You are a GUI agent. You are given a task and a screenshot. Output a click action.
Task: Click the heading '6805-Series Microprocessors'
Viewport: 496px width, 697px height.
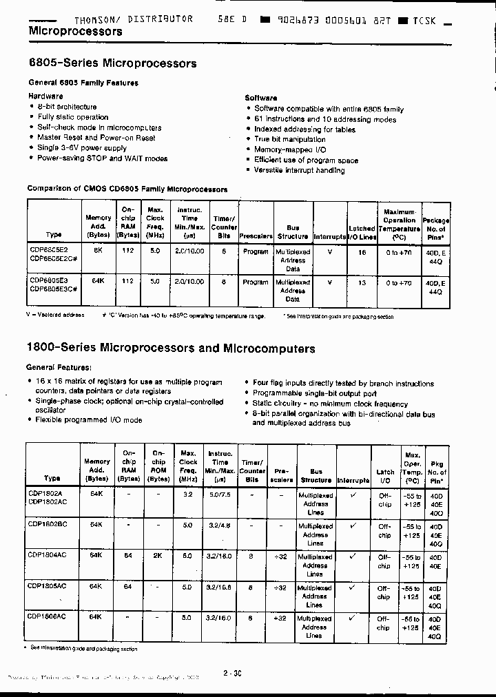(112, 63)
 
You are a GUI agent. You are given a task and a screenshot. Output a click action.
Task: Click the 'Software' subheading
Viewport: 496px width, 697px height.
(261, 98)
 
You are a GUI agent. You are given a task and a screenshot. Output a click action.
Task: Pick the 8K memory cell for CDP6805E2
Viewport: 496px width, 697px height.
(98, 252)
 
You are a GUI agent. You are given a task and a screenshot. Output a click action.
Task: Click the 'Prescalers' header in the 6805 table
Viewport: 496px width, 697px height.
(256, 236)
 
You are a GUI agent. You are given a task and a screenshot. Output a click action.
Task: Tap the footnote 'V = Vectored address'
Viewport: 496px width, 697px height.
(55, 315)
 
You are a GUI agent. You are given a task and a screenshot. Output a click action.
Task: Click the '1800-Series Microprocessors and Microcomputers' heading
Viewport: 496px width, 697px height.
(170, 348)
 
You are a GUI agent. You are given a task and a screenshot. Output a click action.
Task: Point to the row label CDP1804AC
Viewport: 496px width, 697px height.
(48, 554)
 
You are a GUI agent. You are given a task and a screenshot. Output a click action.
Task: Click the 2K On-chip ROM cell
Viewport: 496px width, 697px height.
(158, 554)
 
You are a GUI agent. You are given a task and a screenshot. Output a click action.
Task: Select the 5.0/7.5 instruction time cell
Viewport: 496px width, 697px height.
(220, 495)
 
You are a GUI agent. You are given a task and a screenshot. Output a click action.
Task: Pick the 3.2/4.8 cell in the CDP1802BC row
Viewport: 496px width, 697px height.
(220, 525)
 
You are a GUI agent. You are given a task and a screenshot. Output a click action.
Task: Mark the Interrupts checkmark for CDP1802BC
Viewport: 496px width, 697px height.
(353, 526)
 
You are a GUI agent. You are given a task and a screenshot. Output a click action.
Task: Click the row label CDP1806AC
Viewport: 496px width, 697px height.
(48, 618)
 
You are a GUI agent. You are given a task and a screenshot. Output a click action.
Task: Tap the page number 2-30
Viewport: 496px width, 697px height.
(232, 674)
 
